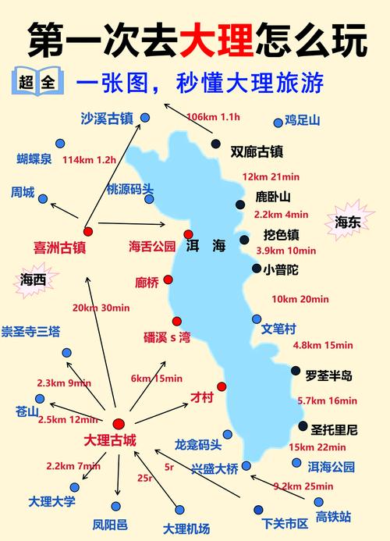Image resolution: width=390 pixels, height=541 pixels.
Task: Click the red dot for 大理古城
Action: (119, 423)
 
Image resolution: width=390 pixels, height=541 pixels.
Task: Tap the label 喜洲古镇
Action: (59, 247)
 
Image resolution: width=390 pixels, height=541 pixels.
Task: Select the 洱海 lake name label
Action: (206, 246)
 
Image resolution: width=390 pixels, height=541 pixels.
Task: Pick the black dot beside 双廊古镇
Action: (216, 144)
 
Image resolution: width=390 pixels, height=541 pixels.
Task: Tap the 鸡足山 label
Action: (302, 120)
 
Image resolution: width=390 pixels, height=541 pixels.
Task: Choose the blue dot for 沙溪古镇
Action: (145, 118)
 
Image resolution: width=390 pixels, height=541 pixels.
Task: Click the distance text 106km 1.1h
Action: (214, 117)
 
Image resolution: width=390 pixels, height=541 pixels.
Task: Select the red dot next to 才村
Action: (222, 386)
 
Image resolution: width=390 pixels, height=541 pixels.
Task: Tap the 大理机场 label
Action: (186, 529)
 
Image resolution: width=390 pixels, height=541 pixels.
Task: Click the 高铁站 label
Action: (333, 516)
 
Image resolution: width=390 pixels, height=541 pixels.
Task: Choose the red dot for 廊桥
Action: (168, 279)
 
